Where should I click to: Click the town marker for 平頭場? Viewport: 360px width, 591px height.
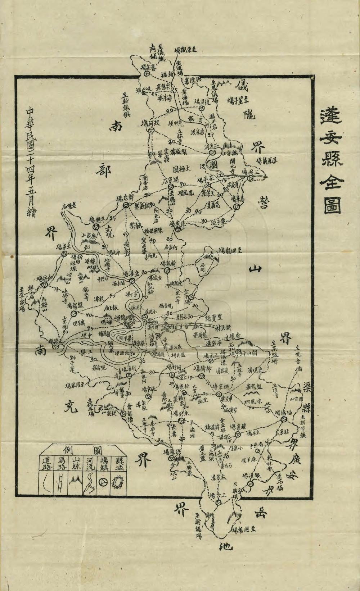(96, 227)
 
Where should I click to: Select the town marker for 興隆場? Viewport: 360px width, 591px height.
(171, 459)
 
